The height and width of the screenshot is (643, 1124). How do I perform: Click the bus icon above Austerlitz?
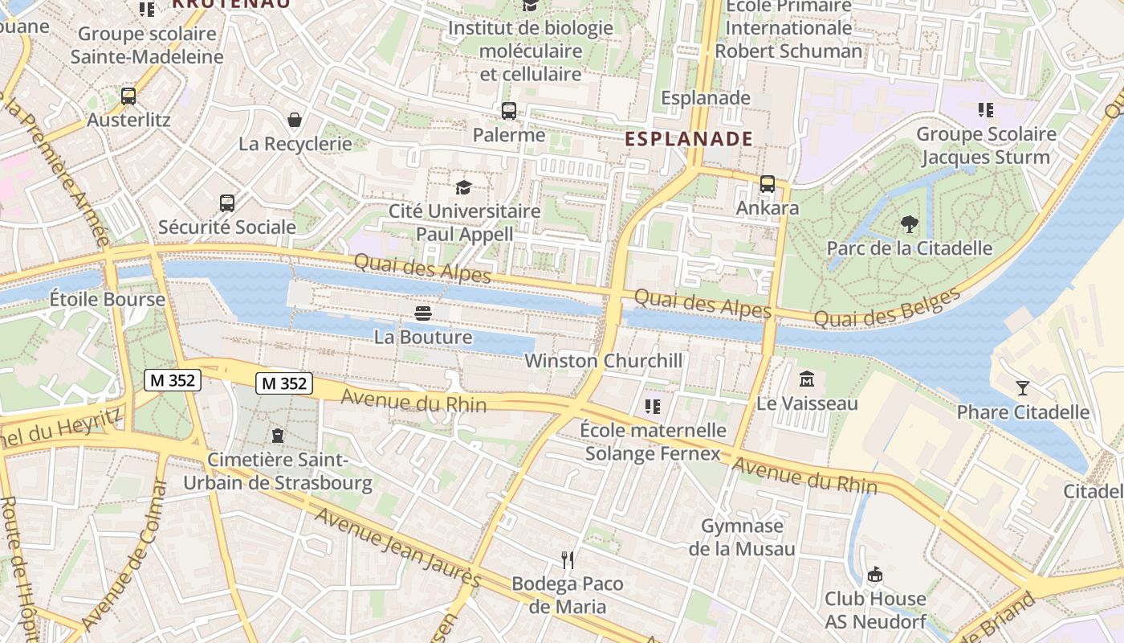pyautogui.click(x=128, y=96)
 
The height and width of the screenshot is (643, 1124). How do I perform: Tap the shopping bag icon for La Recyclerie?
pyautogui.click(x=295, y=120)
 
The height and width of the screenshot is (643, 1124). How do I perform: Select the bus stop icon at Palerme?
pyautogui.click(x=508, y=111)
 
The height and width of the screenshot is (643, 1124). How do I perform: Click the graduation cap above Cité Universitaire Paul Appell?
pyautogui.click(x=463, y=187)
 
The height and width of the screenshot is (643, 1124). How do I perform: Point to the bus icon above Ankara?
pyautogui.click(x=767, y=184)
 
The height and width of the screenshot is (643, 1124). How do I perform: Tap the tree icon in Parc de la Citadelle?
pyautogui.click(x=909, y=224)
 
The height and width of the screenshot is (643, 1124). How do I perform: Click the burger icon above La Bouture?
pyautogui.click(x=423, y=313)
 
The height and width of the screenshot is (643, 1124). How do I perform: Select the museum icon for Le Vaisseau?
pyautogui.click(x=807, y=379)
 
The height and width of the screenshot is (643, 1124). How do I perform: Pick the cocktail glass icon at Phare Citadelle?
pyautogui.click(x=1021, y=388)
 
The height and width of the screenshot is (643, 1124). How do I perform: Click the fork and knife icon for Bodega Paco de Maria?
pyautogui.click(x=568, y=559)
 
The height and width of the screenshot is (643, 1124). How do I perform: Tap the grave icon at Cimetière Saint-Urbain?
pyautogui.click(x=278, y=436)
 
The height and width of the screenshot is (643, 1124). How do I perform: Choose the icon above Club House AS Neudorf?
pyautogui.click(x=875, y=575)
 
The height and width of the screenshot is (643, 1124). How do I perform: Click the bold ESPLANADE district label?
pyautogui.click(x=689, y=138)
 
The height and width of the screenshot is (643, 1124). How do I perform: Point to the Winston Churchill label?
pyautogui.click(x=603, y=361)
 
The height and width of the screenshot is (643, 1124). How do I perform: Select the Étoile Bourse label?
pyautogui.click(x=107, y=300)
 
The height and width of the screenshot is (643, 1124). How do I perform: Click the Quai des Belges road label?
pyautogui.click(x=887, y=308)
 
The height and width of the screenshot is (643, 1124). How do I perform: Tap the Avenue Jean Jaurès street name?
pyautogui.click(x=397, y=547)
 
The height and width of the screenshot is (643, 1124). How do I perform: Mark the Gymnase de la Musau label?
pyautogui.click(x=742, y=538)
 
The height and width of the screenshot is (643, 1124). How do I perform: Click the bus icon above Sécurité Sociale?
pyautogui.click(x=227, y=203)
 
